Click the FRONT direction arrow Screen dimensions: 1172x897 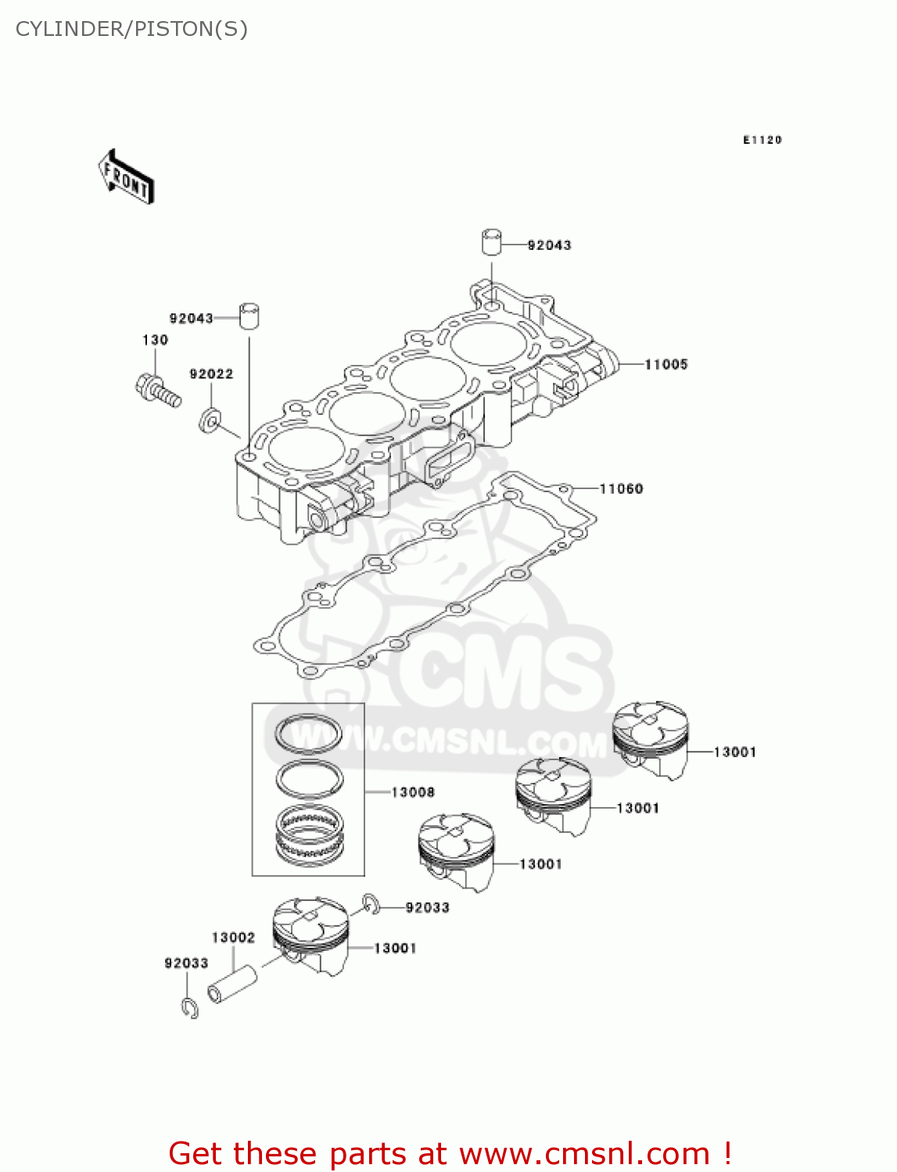126,177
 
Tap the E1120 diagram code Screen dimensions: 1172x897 762,140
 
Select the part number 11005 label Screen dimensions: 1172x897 666,364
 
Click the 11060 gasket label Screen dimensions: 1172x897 621,489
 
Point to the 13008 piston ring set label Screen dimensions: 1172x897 412,792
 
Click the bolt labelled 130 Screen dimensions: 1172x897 158,391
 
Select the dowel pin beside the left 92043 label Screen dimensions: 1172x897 249,316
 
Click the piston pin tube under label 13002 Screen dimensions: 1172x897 232,984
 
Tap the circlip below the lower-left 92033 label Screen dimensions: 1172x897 189,1008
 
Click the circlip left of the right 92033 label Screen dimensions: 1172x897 371,904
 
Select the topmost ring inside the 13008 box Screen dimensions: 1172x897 308,734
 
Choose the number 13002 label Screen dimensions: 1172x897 233,938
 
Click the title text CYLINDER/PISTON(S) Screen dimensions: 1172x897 131,29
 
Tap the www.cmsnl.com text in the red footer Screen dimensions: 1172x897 583,1154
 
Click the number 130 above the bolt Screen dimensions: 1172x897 155,340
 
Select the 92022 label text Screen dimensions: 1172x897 211,374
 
